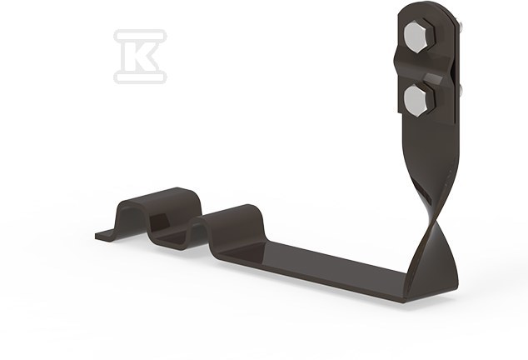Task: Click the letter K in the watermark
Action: click(141, 57)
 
